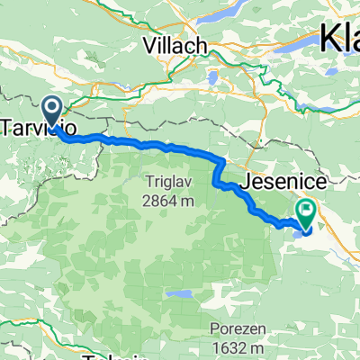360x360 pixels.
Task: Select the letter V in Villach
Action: (x=149, y=45)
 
